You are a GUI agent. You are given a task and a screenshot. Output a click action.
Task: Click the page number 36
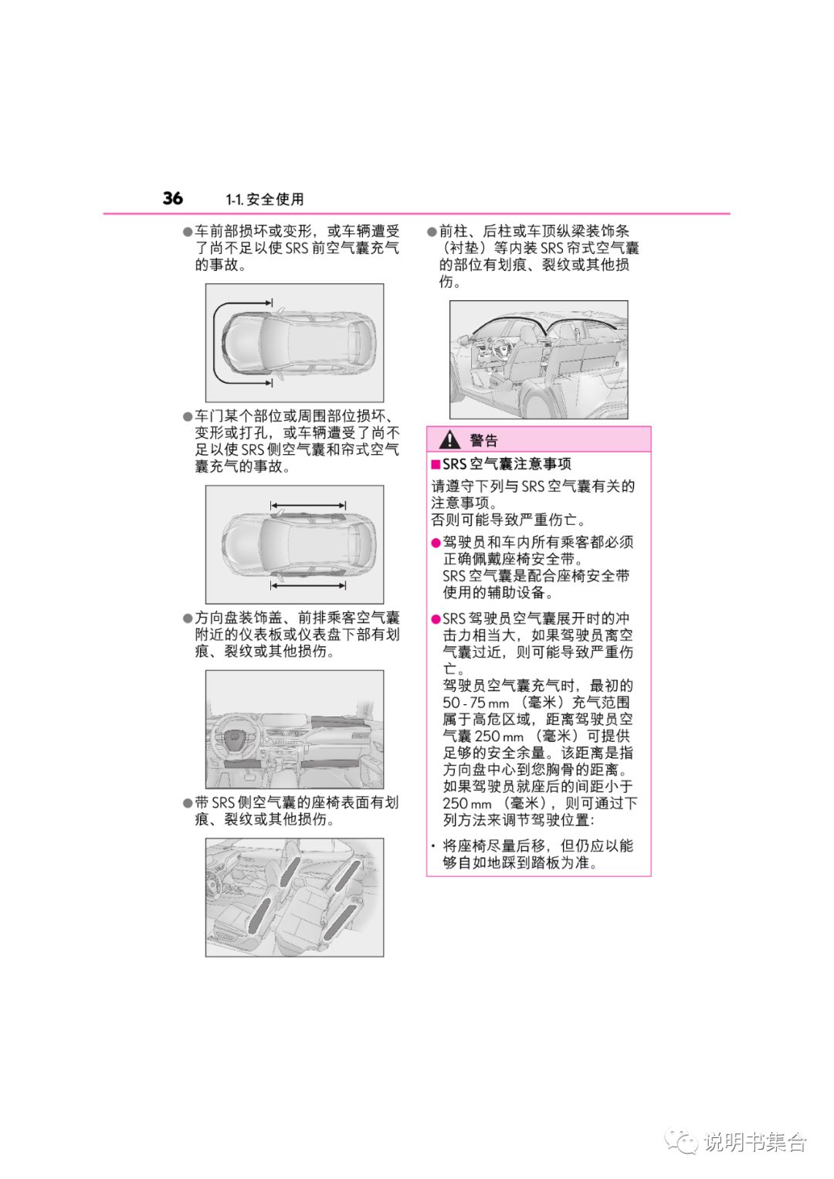click(x=172, y=198)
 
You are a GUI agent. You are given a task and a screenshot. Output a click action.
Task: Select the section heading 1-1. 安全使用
click(x=265, y=200)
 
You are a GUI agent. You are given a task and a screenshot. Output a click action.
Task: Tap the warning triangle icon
click(x=449, y=440)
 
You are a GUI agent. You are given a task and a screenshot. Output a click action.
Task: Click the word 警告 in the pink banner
click(x=483, y=441)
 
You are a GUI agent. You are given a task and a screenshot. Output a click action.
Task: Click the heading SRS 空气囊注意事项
click(x=507, y=464)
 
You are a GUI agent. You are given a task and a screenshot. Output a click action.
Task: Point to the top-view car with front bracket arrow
click(x=294, y=342)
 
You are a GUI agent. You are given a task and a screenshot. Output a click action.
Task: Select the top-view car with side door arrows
click(x=294, y=544)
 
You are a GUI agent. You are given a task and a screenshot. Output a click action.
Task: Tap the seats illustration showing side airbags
click(x=294, y=897)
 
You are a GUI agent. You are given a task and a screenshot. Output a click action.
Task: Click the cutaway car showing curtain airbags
click(x=538, y=360)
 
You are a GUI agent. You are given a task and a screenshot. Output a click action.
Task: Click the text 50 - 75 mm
click(x=476, y=703)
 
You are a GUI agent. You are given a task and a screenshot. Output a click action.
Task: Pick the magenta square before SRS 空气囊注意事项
click(x=436, y=464)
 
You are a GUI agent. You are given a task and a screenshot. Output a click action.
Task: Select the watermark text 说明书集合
click(x=754, y=1142)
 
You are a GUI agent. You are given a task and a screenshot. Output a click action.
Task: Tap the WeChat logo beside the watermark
click(x=682, y=1141)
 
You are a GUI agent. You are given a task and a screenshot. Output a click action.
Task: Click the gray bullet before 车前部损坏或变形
click(x=187, y=232)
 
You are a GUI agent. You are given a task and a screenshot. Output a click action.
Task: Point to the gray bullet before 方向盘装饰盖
click(x=187, y=618)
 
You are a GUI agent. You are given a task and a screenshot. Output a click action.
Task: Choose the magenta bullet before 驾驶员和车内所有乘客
click(x=436, y=543)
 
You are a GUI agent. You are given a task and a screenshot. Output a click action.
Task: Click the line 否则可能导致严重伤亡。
click(x=508, y=520)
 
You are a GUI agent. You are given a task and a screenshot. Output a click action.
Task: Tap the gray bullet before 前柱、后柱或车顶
click(x=432, y=232)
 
